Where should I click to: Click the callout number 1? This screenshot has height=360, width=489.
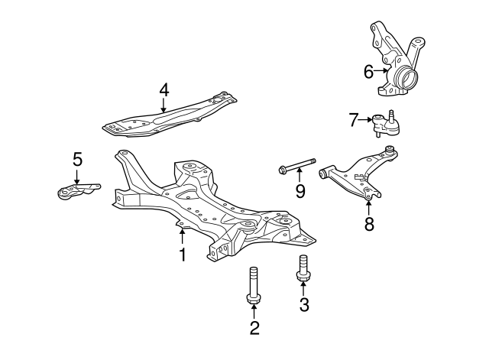pyautogui.click(x=183, y=255)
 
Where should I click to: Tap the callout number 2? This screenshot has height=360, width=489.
pyautogui.click(x=254, y=328)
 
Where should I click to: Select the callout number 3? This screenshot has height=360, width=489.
pyautogui.click(x=304, y=304)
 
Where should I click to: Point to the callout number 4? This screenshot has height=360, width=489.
pyautogui.click(x=164, y=90)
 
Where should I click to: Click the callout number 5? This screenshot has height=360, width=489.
pyautogui.click(x=77, y=159)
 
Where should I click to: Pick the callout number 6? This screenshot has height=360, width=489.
pyautogui.click(x=368, y=72)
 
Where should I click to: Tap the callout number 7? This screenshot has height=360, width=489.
pyautogui.click(x=353, y=120)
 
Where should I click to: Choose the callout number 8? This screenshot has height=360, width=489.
pyautogui.click(x=369, y=224)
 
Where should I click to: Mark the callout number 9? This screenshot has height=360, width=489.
pyautogui.click(x=300, y=191)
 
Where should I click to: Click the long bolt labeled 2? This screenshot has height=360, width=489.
pyautogui.click(x=254, y=285)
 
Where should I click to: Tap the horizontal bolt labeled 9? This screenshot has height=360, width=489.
pyautogui.click(x=297, y=166)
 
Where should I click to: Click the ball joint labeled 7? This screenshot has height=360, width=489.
pyautogui.click(x=385, y=123)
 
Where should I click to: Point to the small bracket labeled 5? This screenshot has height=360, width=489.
pyautogui.click(x=79, y=190)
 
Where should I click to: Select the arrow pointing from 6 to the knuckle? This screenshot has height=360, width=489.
pyautogui.click(x=381, y=71)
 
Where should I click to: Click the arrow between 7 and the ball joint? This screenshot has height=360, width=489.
pyautogui.click(x=365, y=119)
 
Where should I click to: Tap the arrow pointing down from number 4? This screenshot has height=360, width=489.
pyautogui.click(x=163, y=105)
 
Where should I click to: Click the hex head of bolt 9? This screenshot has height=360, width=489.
pyautogui.click(x=283, y=170)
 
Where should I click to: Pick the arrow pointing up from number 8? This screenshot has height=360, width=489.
pyautogui.click(x=368, y=209)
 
